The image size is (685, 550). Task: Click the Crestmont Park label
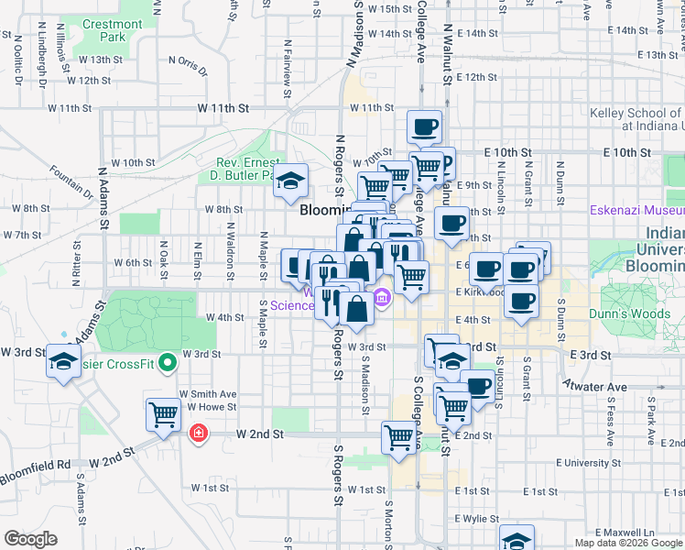[x=112, y=30]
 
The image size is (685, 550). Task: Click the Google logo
[x=30, y=539]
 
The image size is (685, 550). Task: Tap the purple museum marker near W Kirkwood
[x=382, y=295]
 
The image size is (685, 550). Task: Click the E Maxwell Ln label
[x=625, y=532]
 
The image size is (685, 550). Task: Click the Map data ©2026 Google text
[x=628, y=543]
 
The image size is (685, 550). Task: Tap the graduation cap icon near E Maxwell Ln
[x=516, y=539]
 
